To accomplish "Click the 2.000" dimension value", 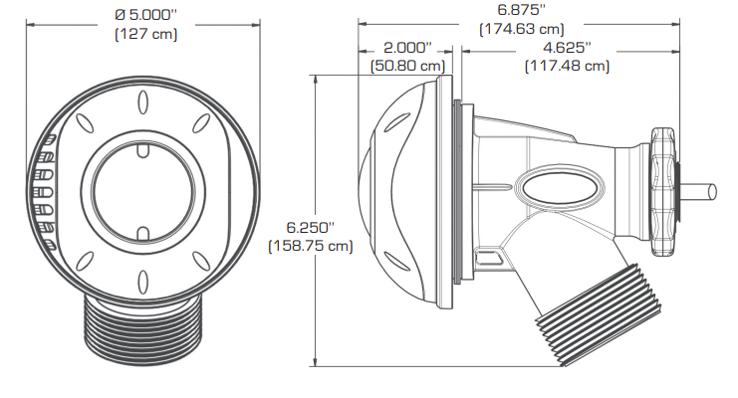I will point(407,48).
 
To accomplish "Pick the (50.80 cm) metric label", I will point(407,66).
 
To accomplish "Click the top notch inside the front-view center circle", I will point(141,150).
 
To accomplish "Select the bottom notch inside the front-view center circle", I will point(141,233).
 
